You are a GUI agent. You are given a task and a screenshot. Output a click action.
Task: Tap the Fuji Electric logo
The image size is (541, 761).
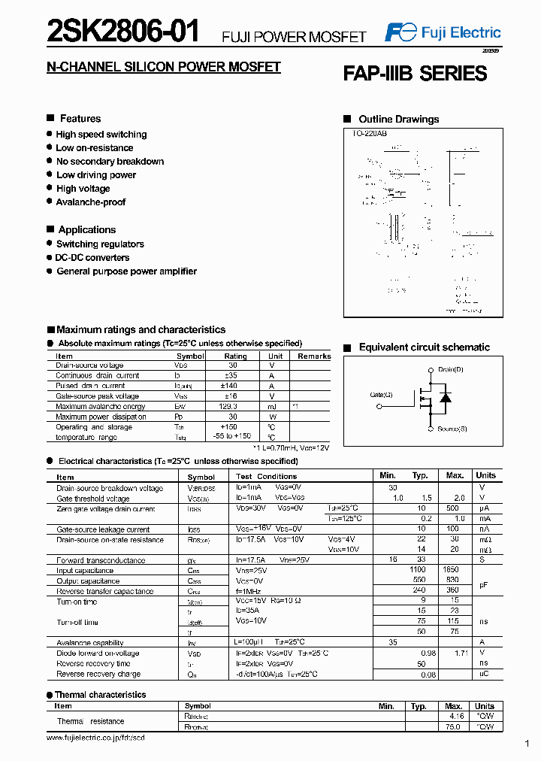pos(443,32)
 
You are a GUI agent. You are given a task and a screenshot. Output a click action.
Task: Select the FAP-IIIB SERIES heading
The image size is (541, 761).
pos(415,74)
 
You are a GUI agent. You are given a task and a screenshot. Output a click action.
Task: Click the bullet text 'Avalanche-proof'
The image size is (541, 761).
pos(91,202)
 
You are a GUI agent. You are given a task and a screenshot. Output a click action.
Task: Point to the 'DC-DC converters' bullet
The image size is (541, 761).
pos(92,258)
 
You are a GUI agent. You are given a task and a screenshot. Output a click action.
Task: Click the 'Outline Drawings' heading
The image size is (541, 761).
pos(398,120)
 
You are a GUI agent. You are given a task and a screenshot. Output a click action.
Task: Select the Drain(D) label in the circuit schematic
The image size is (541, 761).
pos(451,370)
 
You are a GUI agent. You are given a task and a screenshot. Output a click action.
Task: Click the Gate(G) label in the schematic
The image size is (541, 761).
pos(381,395)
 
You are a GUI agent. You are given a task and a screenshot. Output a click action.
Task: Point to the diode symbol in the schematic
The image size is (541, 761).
pos(445,398)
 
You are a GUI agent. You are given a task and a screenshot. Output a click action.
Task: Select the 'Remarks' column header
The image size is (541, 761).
pos(314,356)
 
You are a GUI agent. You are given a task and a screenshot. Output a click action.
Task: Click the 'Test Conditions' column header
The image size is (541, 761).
pos(266,477)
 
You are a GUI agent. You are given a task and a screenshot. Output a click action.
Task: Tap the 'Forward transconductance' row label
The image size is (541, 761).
pos(101,560)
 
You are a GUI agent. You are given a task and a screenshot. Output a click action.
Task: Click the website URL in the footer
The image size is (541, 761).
pos(95,738)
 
